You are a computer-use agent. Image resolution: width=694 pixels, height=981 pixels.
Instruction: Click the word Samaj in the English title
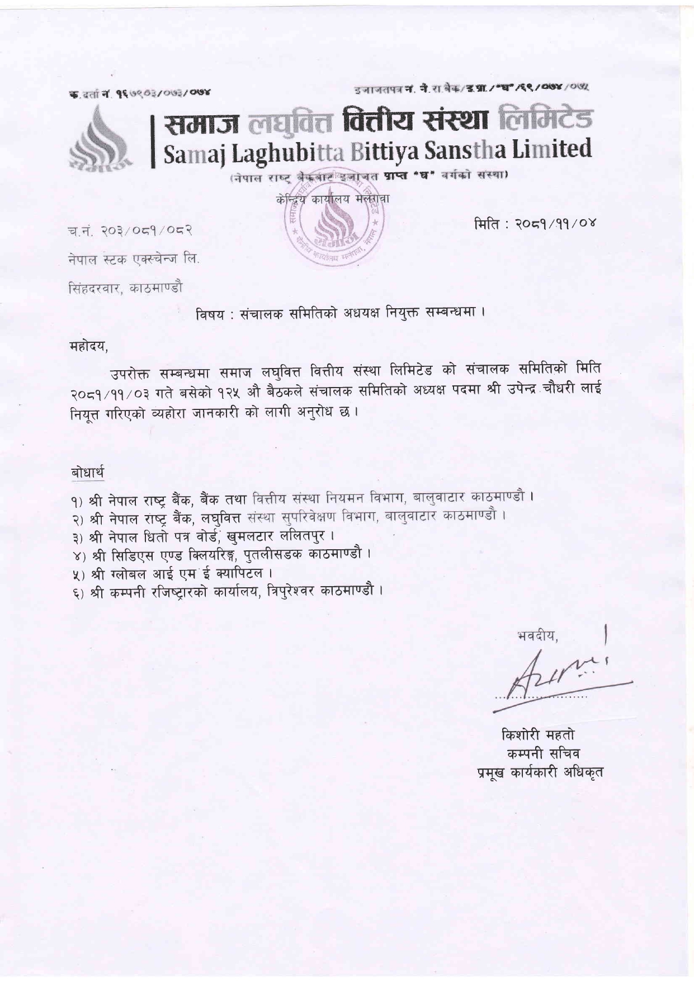[x=193, y=152]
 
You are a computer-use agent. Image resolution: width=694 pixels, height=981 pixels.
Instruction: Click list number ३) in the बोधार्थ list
[x=77, y=536]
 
